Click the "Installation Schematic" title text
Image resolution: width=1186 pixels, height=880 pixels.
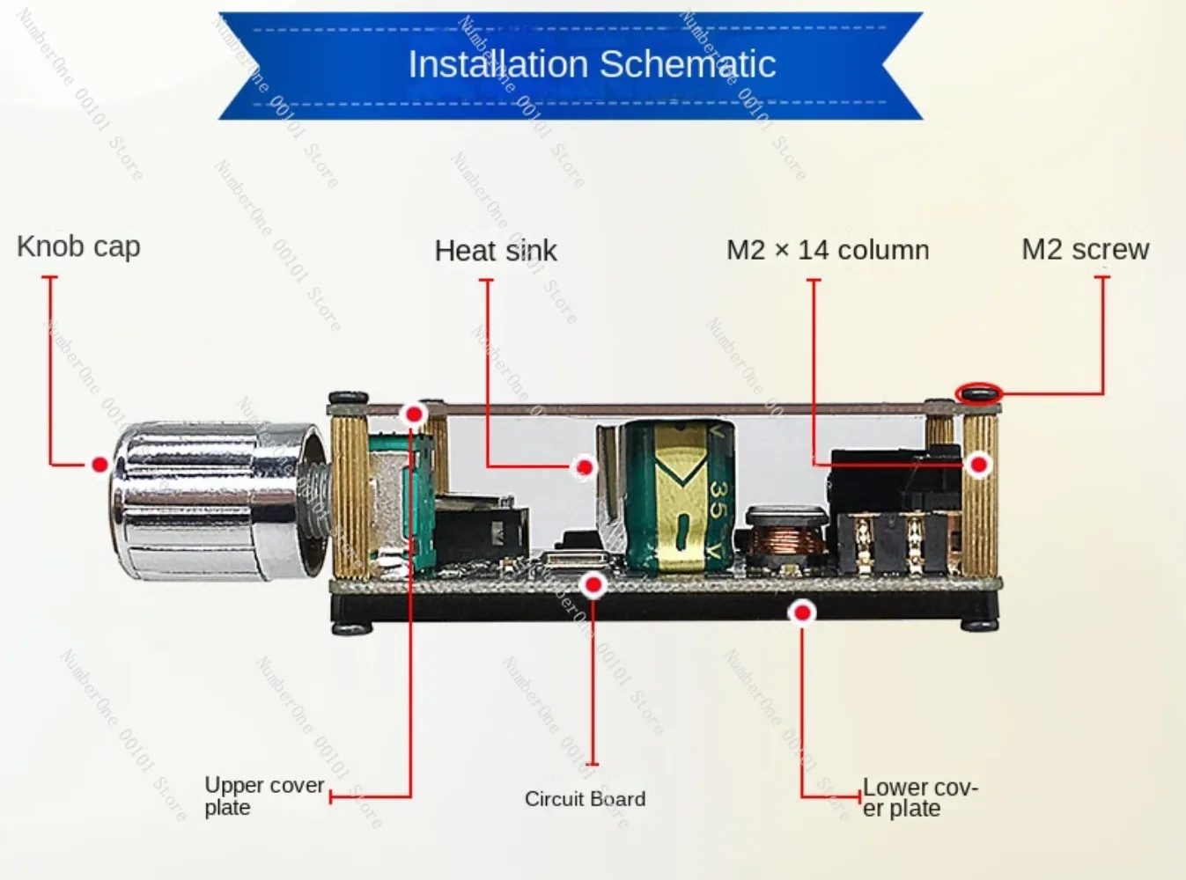tap(592, 64)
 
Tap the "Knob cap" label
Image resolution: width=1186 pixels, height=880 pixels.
tap(78, 247)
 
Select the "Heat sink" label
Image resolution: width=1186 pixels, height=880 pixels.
tap(496, 251)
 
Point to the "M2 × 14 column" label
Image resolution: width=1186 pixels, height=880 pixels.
tap(828, 250)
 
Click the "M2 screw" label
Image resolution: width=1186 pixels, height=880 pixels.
tap(1085, 250)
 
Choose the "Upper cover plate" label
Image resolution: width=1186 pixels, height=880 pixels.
tap(263, 796)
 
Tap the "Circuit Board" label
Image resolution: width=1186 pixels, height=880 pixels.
tap(585, 799)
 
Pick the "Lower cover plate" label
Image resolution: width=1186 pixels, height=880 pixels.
tap(919, 797)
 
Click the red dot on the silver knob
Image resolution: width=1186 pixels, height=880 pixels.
tap(99, 464)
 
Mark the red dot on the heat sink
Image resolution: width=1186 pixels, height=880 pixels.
tap(584, 466)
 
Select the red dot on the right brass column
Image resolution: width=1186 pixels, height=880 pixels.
tap(979, 464)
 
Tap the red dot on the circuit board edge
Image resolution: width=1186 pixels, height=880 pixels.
tap(594, 583)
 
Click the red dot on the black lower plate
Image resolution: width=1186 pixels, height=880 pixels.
tap(802, 612)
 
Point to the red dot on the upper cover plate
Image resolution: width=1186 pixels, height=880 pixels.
tap(413, 414)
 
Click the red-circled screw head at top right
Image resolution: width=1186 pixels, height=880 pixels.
tap(979, 393)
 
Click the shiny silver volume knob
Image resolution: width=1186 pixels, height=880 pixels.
tap(216, 502)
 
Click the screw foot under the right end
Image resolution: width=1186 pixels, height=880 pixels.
tap(978, 625)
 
